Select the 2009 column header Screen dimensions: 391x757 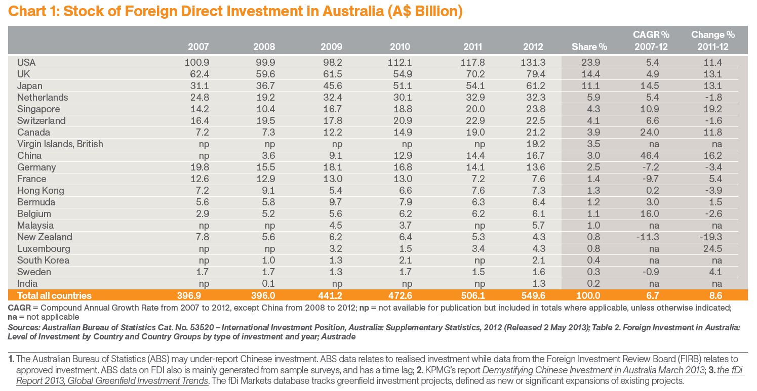tap(331, 47)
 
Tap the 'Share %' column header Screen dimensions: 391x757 tap(589, 47)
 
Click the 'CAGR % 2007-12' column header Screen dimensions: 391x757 tap(651, 40)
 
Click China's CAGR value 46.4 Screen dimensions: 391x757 tap(651, 155)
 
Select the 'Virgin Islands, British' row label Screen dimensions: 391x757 tap(60, 144)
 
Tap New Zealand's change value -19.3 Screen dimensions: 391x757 tap(712, 237)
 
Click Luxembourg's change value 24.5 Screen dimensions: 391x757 tap(713, 248)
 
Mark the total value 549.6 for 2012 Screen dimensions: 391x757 tap(530, 295)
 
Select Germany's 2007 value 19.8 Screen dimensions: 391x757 tap(198, 167)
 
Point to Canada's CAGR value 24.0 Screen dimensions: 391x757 tap(651, 132)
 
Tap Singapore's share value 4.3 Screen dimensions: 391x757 tap(589, 109)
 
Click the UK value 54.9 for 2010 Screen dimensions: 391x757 tap(400, 74)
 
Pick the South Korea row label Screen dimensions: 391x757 tap(43, 260)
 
